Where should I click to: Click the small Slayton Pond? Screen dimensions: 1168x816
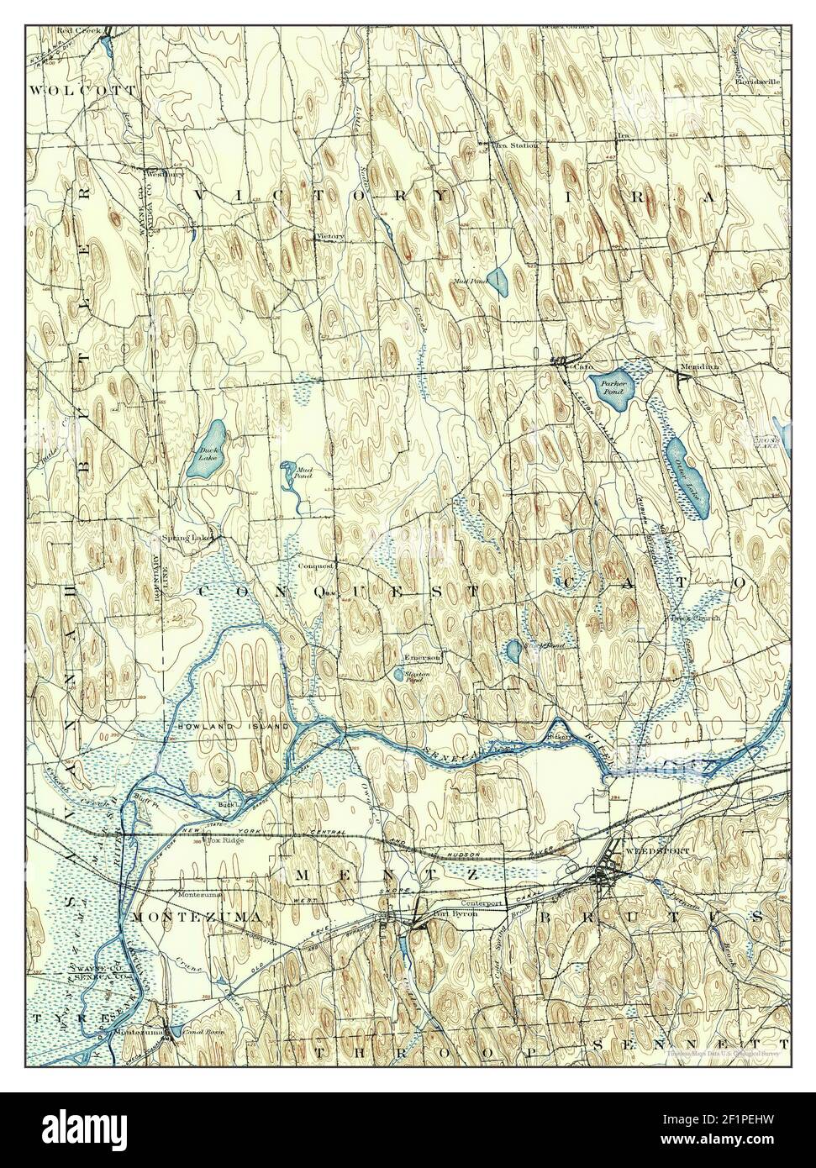(397, 674)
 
